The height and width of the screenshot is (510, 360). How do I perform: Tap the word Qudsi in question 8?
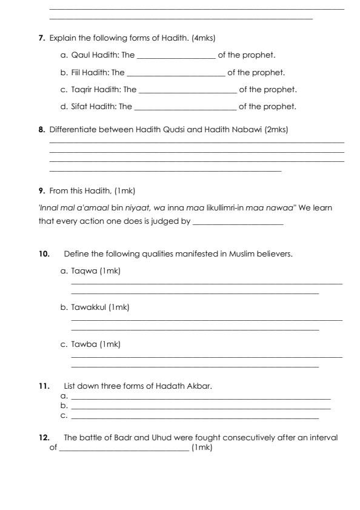pyautogui.click(x=147, y=129)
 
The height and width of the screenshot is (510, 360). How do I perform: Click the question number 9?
pyautogui.click(x=41, y=192)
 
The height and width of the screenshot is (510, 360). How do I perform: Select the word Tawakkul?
pyautogui.click(x=86, y=307)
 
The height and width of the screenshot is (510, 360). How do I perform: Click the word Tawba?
pyautogui.click(x=81, y=344)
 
